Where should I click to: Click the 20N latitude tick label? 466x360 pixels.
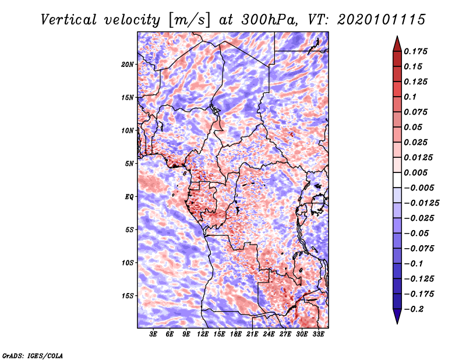(128, 64)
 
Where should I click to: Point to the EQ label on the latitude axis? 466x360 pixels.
(129, 196)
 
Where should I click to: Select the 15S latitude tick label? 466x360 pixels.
(128, 295)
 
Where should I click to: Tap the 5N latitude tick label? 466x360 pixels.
(129, 163)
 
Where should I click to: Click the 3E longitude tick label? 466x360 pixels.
(154, 334)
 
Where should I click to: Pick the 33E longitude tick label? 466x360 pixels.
(319, 334)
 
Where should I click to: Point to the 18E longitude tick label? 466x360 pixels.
(236, 334)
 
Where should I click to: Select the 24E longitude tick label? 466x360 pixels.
(269, 334)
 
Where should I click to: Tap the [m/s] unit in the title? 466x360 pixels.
(187, 19)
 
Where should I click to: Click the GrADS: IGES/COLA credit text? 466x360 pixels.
(32, 355)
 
